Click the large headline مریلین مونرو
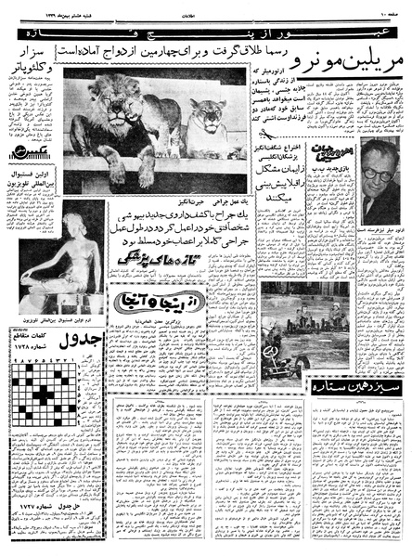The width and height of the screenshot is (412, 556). point(341,67)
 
